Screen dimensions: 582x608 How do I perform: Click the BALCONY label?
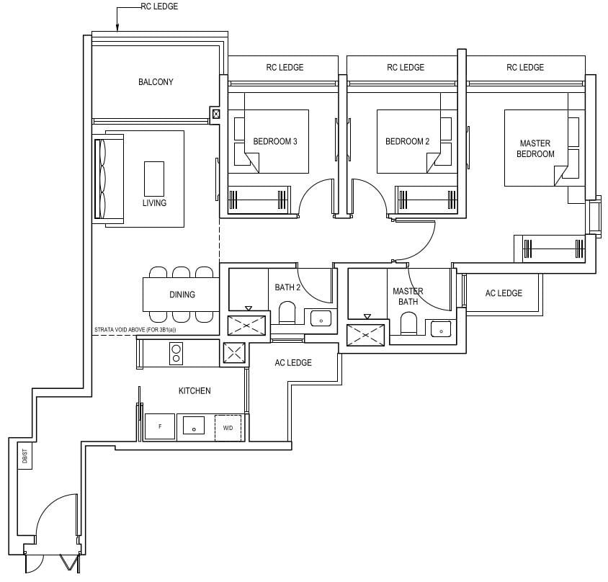(x=156, y=82)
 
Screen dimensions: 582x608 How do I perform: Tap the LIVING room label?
(x=154, y=203)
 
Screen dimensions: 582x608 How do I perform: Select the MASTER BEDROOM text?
(x=537, y=149)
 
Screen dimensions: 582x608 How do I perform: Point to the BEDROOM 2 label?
(x=407, y=142)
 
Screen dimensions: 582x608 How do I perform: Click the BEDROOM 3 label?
(x=275, y=142)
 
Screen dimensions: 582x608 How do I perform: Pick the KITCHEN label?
(x=195, y=391)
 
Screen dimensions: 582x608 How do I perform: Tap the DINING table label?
(x=182, y=295)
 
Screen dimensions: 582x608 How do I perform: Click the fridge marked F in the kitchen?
(x=160, y=426)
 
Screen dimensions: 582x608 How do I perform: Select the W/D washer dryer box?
(x=228, y=427)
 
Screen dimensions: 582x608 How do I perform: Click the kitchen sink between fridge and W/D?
(x=194, y=426)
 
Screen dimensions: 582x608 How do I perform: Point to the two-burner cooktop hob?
(x=175, y=353)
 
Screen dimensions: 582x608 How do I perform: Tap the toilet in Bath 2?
(x=287, y=314)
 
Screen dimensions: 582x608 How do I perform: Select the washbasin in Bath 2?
(x=318, y=318)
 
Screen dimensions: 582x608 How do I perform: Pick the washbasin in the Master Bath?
(x=439, y=328)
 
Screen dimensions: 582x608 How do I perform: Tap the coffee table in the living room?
(x=154, y=176)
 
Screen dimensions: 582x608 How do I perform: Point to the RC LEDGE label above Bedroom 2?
(x=406, y=68)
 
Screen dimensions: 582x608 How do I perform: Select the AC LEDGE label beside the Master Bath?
(x=504, y=293)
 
